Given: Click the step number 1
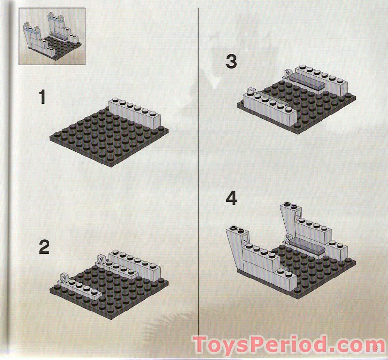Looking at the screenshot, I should (x=43, y=98).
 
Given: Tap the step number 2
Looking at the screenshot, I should (x=44, y=247).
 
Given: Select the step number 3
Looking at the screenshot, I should (x=232, y=62).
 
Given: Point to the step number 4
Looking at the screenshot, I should (x=232, y=198).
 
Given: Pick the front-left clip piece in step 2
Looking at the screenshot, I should (x=63, y=278).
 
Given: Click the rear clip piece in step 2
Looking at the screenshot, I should (x=102, y=261).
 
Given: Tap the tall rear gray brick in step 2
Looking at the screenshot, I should (x=136, y=262).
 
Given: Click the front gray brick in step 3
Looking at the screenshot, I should (x=272, y=108).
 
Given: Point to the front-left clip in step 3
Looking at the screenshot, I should (x=251, y=90).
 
